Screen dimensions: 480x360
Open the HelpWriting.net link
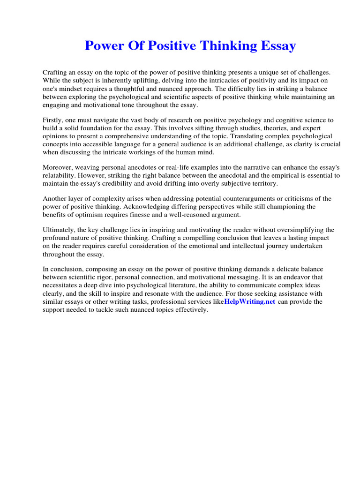coord(250,302)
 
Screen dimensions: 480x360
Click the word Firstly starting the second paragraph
coord(54,120)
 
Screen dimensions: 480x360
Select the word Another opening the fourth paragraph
coord(55,198)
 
